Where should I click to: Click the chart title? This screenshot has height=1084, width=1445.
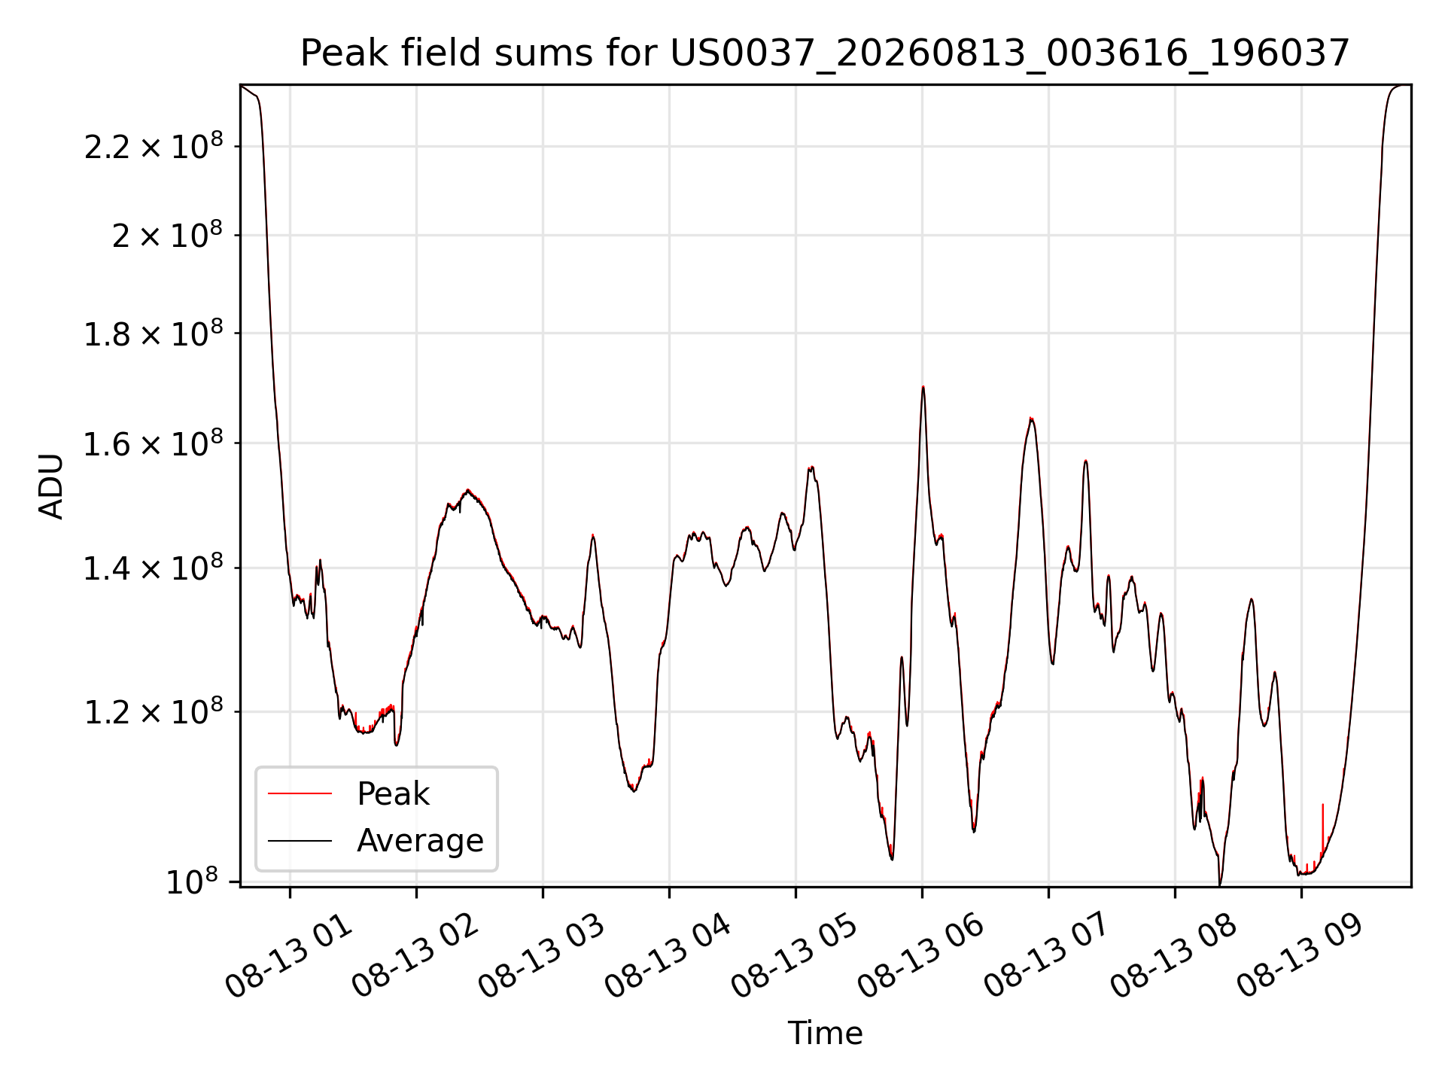(825, 53)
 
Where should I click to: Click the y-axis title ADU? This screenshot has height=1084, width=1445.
(51, 486)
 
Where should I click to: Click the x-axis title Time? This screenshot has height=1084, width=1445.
(825, 1034)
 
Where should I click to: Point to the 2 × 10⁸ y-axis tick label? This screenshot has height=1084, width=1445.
(167, 235)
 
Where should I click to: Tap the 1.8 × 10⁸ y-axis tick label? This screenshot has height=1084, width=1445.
(154, 333)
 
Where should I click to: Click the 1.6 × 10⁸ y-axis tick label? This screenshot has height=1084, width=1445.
(154, 443)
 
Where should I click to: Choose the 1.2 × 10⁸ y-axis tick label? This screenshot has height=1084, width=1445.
(154, 711)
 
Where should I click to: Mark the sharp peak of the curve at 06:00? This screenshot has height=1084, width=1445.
(923, 387)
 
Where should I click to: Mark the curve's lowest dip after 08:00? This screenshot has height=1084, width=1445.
(1220, 884)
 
